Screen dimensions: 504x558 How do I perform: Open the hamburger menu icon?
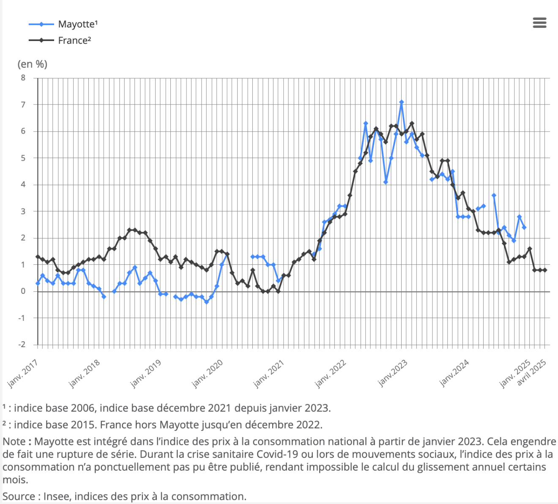coord(539,23)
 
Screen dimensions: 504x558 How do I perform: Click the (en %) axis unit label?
coord(33,64)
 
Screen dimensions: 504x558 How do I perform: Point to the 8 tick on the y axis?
coord(23,78)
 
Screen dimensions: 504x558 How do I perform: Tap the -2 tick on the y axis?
coord(22,345)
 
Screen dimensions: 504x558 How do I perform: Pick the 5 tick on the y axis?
coord(23,158)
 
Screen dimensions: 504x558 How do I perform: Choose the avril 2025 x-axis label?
coord(532,373)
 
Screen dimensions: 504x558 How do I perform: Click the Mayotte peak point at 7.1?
coord(402,102)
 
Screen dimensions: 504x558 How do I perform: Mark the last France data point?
coord(545,270)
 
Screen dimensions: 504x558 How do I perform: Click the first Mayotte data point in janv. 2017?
coord(38,283)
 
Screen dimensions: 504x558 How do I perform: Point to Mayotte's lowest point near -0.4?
coord(207,302)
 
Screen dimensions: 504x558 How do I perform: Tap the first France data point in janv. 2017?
coord(38,257)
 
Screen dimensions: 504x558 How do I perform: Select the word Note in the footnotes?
coord(14,442)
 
